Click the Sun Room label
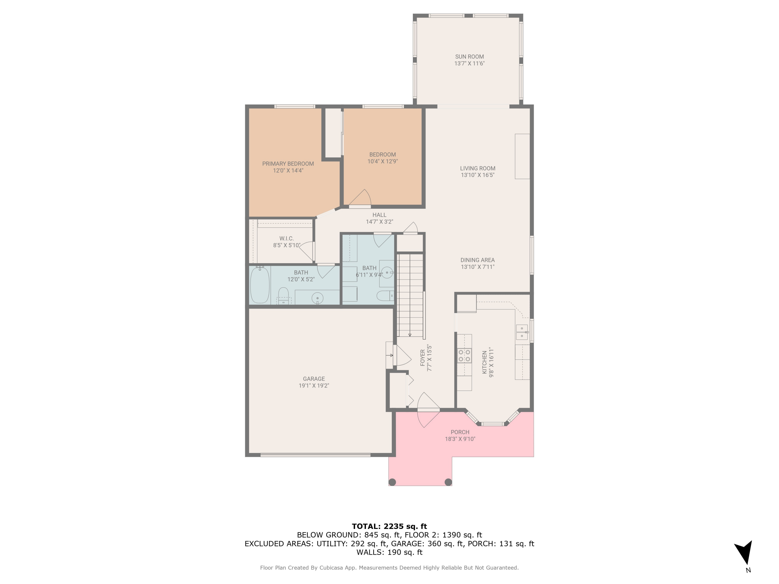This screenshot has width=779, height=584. point(469,57)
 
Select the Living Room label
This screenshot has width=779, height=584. point(477,168)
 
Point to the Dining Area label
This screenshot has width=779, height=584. point(477,260)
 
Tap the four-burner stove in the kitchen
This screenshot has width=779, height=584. point(464,356)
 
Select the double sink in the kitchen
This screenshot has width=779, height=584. point(522,332)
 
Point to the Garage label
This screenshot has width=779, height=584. point(313,379)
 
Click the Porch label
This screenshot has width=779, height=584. point(460,432)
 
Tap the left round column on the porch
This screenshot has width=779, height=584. point(392,482)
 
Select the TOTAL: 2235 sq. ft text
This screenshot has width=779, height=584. point(389,526)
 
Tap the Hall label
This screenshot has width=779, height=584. point(379,215)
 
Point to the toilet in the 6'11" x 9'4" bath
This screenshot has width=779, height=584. point(385,296)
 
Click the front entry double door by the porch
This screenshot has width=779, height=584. point(428,410)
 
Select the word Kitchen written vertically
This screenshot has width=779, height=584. point(485,362)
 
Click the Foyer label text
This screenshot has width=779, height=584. point(422,358)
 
